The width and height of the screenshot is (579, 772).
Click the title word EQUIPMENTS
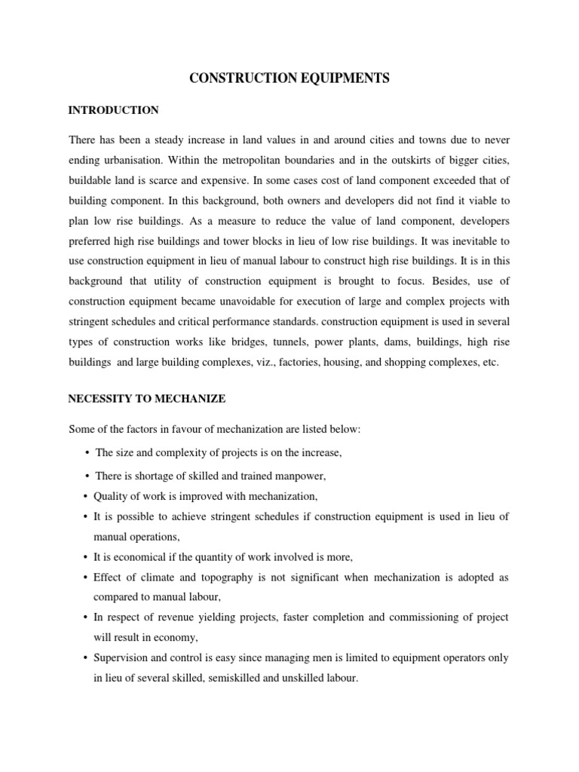342,78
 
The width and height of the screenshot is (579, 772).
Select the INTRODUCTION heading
114,111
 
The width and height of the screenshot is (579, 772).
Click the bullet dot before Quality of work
84,496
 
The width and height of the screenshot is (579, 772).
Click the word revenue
163,617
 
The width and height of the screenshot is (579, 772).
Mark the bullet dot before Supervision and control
84,658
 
